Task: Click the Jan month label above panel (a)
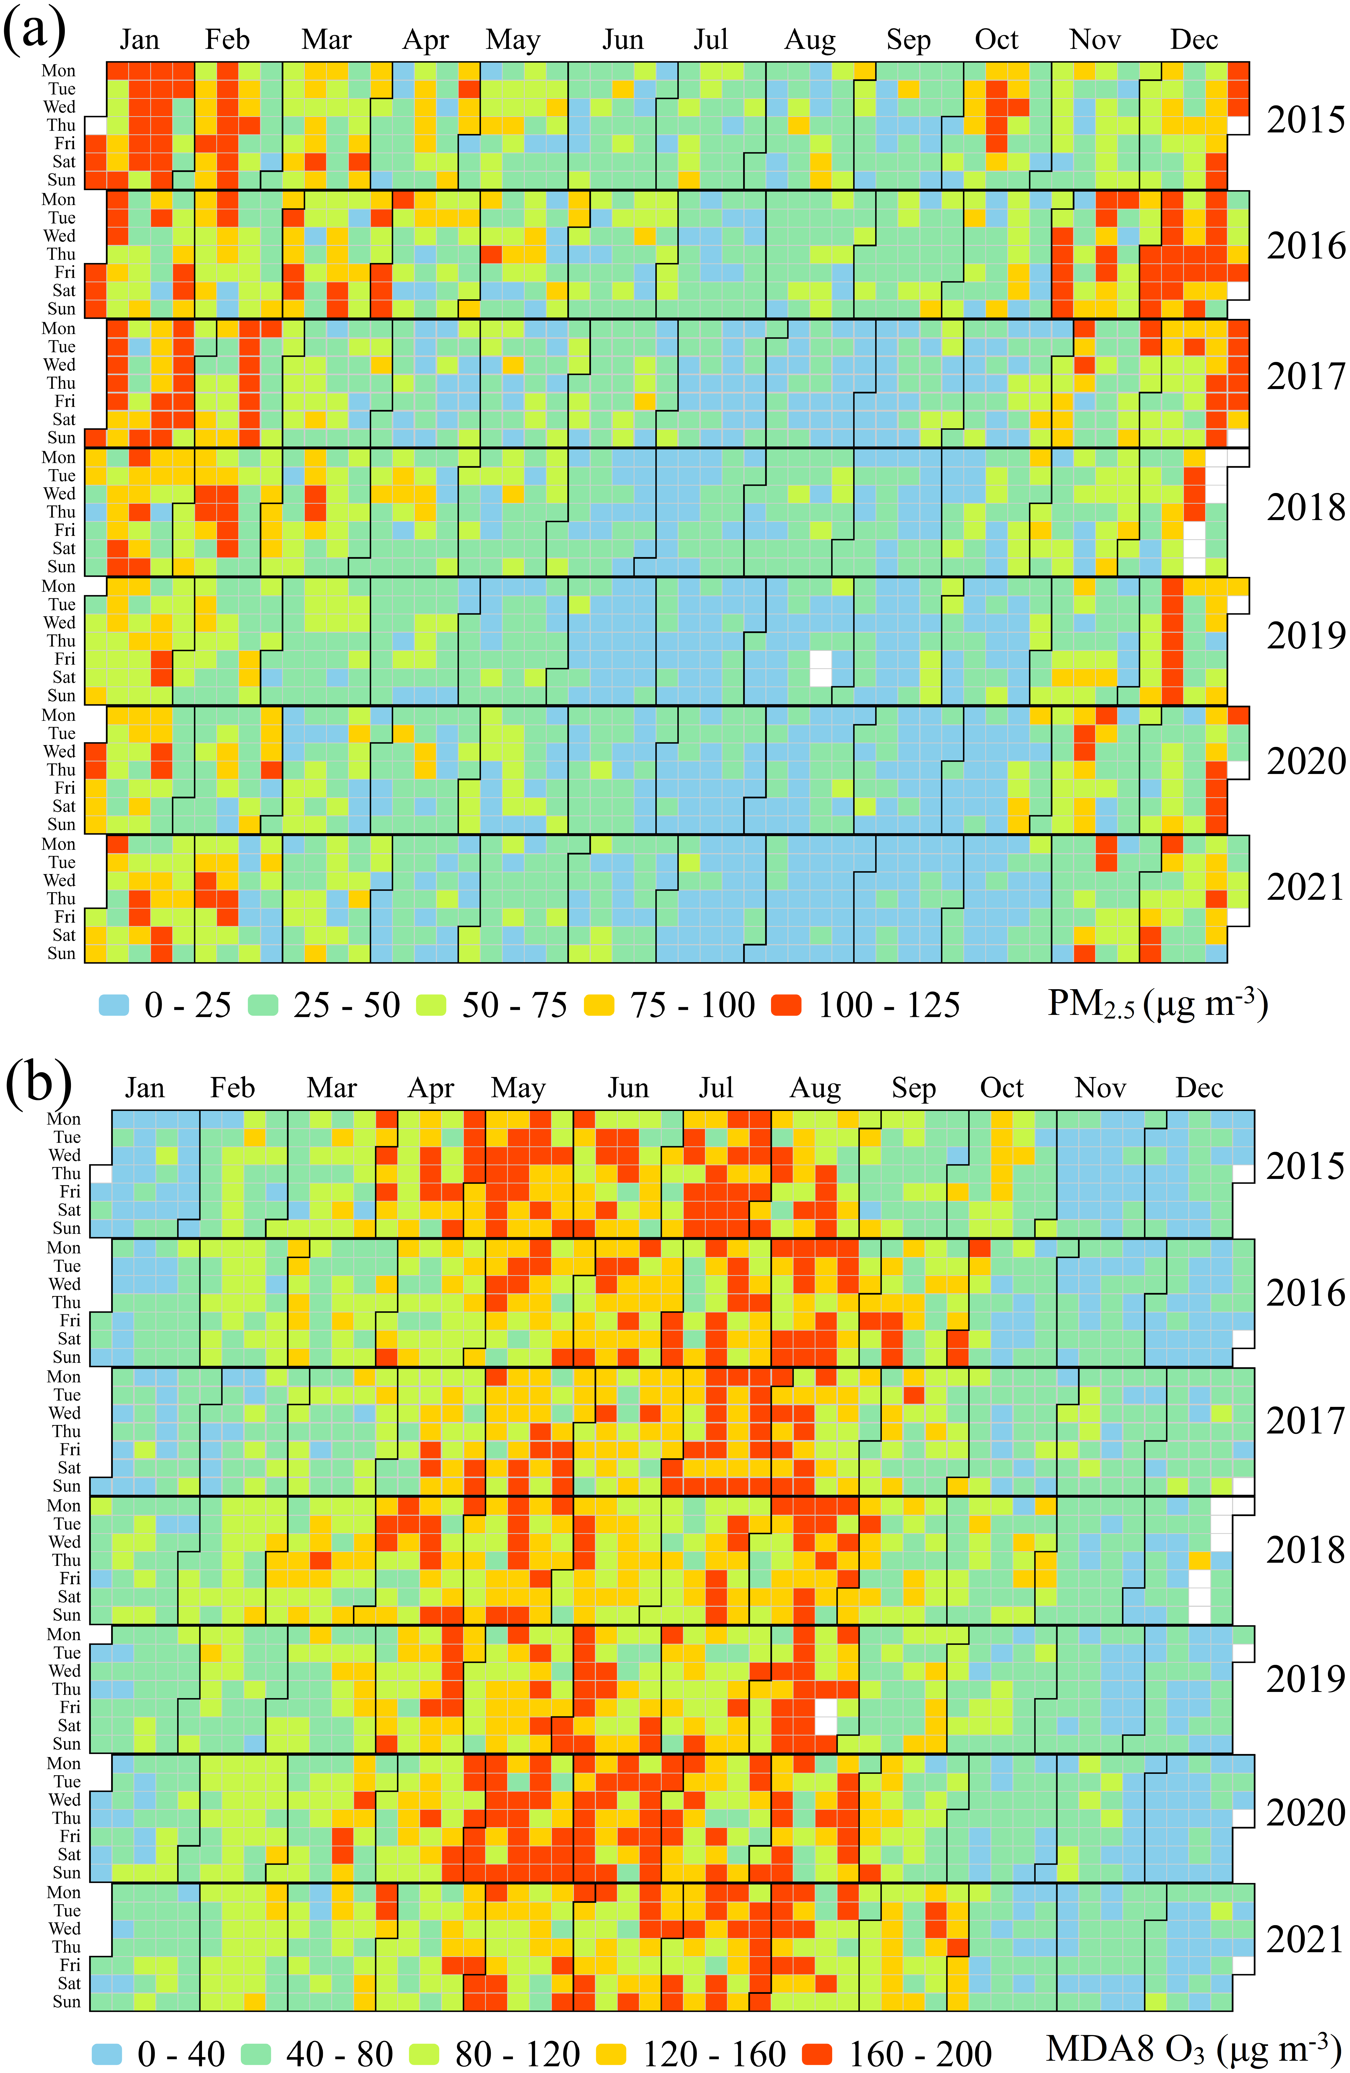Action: pos(139,40)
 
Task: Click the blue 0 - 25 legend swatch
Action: pos(113,1005)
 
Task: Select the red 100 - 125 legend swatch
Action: pos(786,1005)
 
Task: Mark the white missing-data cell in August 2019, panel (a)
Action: pos(820,668)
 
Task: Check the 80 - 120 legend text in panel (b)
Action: pos(517,2054)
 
